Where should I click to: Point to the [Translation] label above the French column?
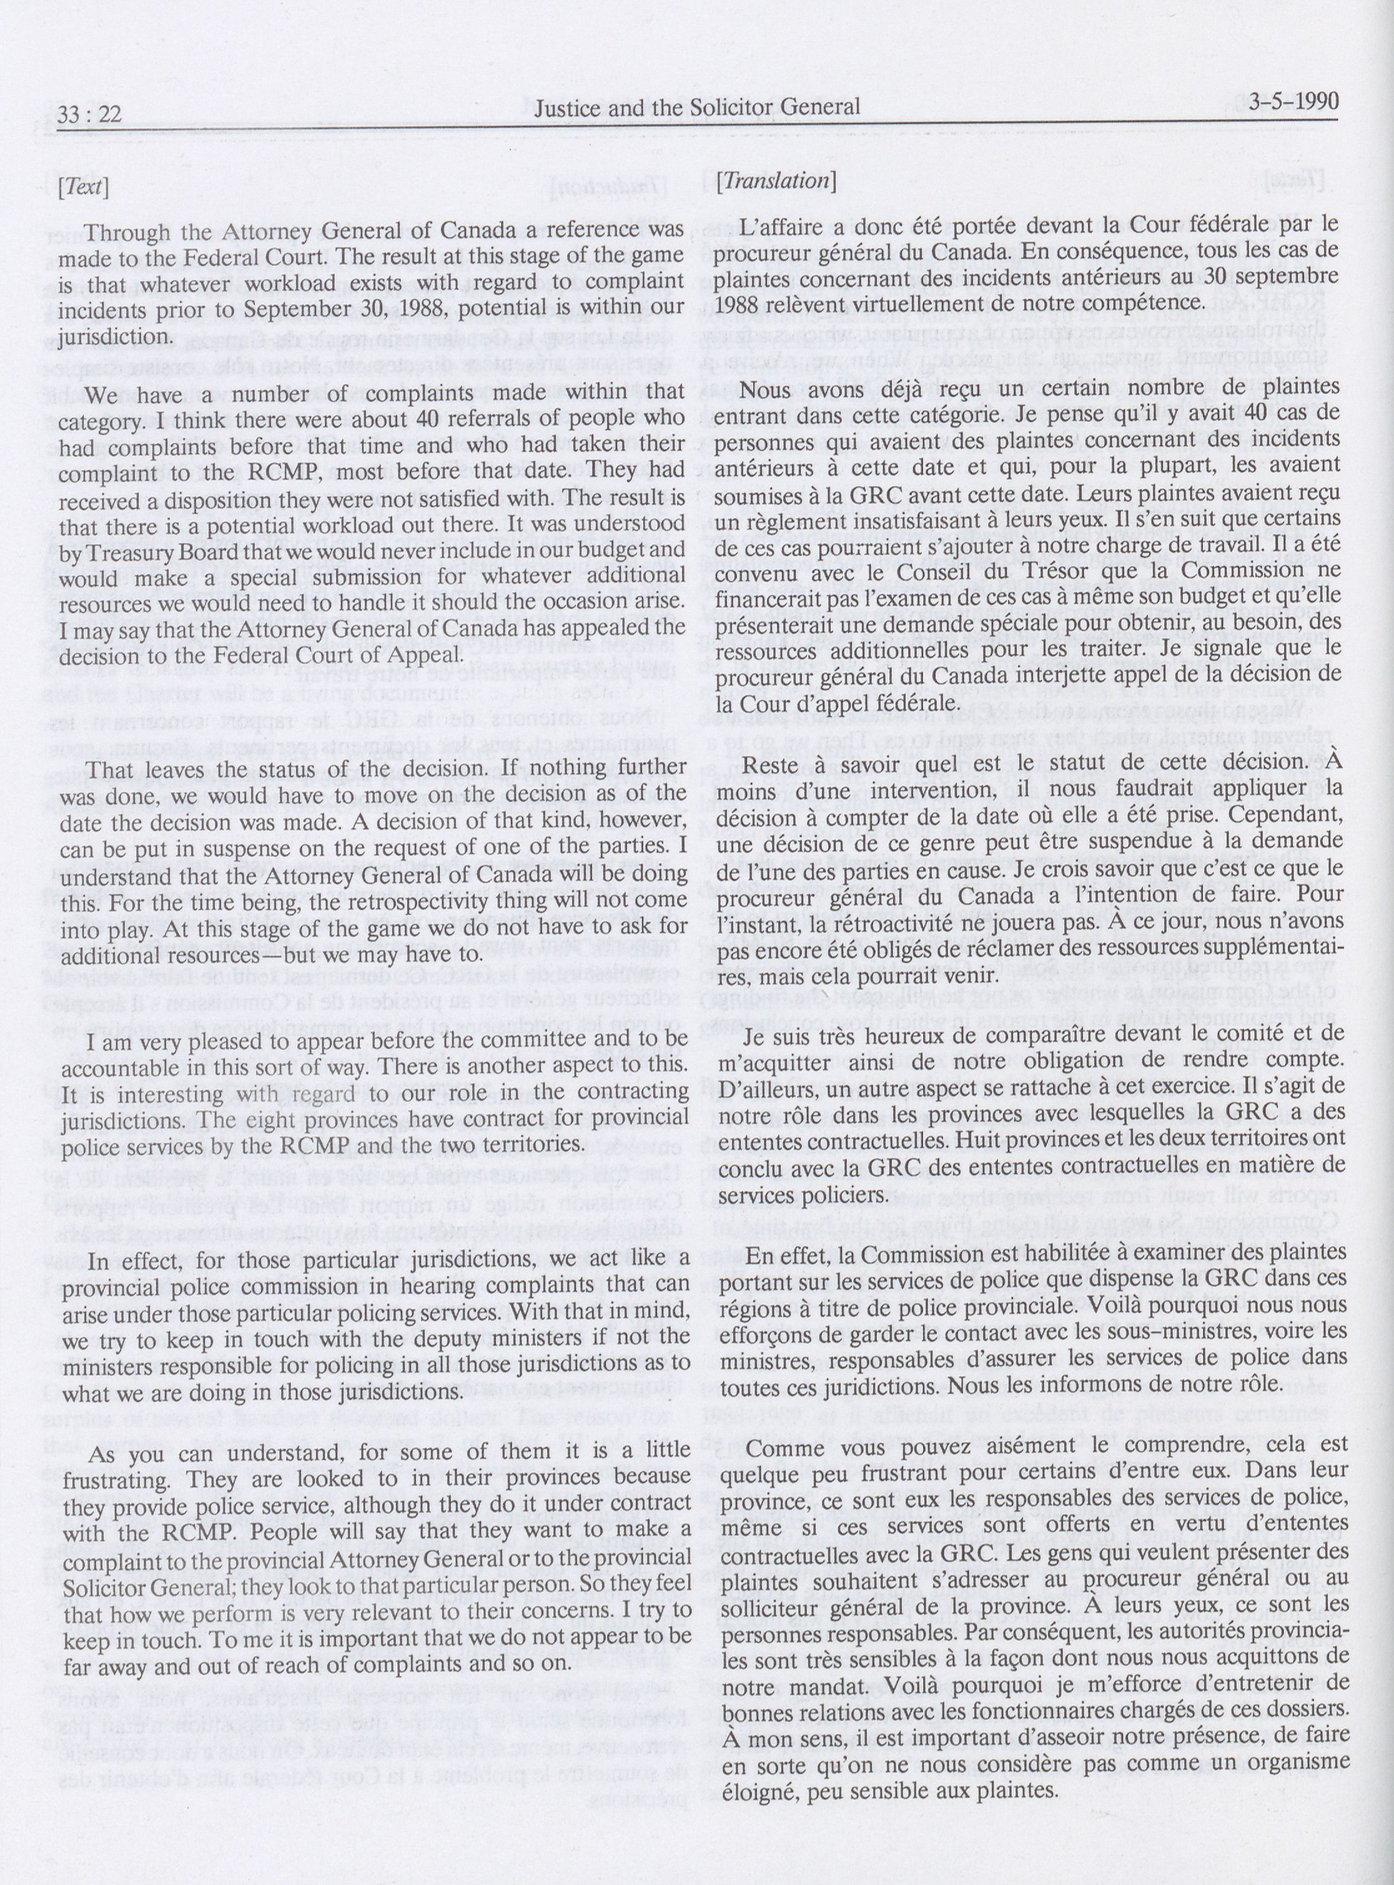[x=776, y=180]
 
